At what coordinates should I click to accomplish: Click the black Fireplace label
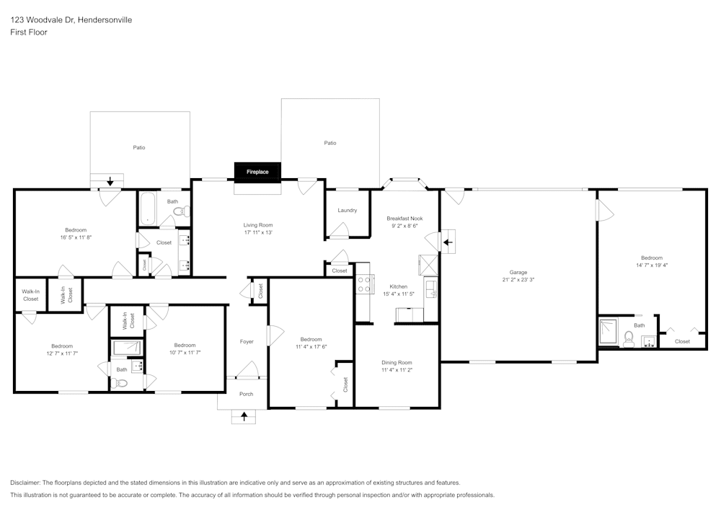pyautogui.click(x=257, y=172)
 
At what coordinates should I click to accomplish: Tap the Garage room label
pyautogui.click(x=518, y=272)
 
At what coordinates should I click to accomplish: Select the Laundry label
pyautogui.click(x=347, y=211)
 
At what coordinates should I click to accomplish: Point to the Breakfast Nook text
pyautogui.click(x=404, y=218)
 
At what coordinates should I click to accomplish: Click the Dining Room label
pyautogui.click(x=397, y=362)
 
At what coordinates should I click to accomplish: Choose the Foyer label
pyautogui.click(x=247, y=341)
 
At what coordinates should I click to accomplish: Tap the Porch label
pyautogui.click(x=247, y=394)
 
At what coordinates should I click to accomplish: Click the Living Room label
pyautogui.click(x=257, y=225)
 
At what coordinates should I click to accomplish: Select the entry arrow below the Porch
pyautogui.click(x=244, y=416)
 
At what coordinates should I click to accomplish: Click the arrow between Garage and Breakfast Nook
pyautogui.click(x=447, y=242)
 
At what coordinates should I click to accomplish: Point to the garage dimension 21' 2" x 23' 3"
pyautogui.click(x=518, y=280)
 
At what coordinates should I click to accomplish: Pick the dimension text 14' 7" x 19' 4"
pyautogui.click(x=651, y=265)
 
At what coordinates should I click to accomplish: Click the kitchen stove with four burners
pyautogui.click(x=364, y=284)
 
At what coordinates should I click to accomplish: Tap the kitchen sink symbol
pyautogui.click(x=430, y=289)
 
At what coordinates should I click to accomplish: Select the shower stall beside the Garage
pyautogui.click(x=609, y=333)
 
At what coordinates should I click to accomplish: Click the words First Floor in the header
pyautogui.click(x=29, y=32)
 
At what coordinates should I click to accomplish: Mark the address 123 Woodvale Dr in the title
pyautogui.click(x=43, y=20)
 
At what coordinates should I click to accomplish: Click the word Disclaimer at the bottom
pyautogui.click(x=26, y=483)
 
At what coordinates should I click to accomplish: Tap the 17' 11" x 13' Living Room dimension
pyautogui.click(x=257, y=232)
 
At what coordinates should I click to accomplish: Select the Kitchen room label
pyautogui.click(x=399, y=286)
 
